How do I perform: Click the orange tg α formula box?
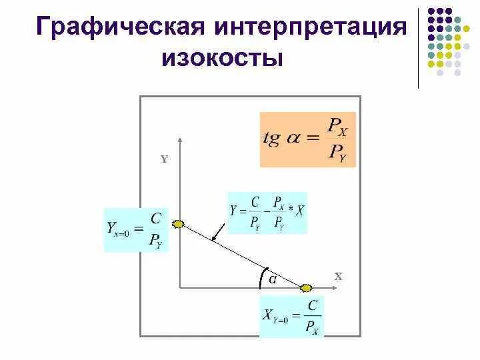click(x=309, y=139)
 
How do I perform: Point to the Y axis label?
click(x=164, y=159)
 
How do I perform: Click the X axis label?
click(x=338, y=275)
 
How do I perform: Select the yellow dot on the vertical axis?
click(x=179, y=224)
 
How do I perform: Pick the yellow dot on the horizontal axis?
click(x=306, y=288)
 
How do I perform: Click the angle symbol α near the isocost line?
click(x=273, y=279)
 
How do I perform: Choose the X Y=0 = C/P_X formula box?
click(x=291, y=317)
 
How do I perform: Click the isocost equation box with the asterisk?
click(x=267, y=212)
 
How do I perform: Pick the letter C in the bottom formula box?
click(x=311, y=306)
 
